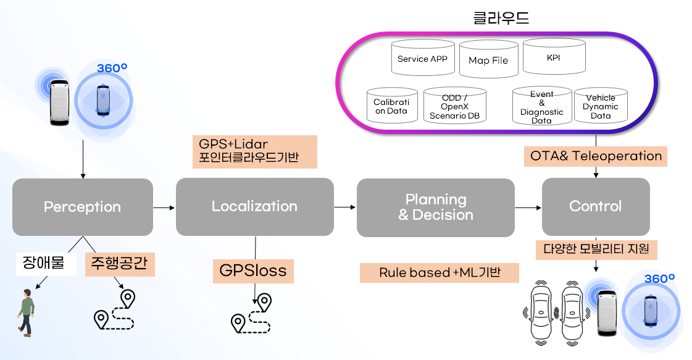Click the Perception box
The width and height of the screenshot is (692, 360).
[83, 207]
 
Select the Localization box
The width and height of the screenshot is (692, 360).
[254, 206]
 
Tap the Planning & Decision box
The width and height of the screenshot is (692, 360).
[435, 207]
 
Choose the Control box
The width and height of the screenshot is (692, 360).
[595, 206]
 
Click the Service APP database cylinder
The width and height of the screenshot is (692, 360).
[422, 59]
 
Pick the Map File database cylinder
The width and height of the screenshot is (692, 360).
[488, 61]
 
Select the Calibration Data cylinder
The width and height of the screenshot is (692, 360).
[391, 106]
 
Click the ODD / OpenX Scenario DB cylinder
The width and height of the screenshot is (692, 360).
[454, 106]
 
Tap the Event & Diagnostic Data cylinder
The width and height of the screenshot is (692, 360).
[541, 107]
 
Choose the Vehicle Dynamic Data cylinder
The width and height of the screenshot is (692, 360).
[600, 106]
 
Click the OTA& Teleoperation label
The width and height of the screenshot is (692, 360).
[596, 156]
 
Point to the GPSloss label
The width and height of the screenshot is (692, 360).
[253, 271]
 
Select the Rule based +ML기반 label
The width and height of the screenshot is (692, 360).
[439, 272]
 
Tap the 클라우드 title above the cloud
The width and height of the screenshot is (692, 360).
[501, 19]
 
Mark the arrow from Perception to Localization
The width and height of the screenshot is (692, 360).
[164, 207]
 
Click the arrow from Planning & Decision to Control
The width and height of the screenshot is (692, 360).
[528, 207]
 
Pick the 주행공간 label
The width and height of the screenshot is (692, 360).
[120, 264]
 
